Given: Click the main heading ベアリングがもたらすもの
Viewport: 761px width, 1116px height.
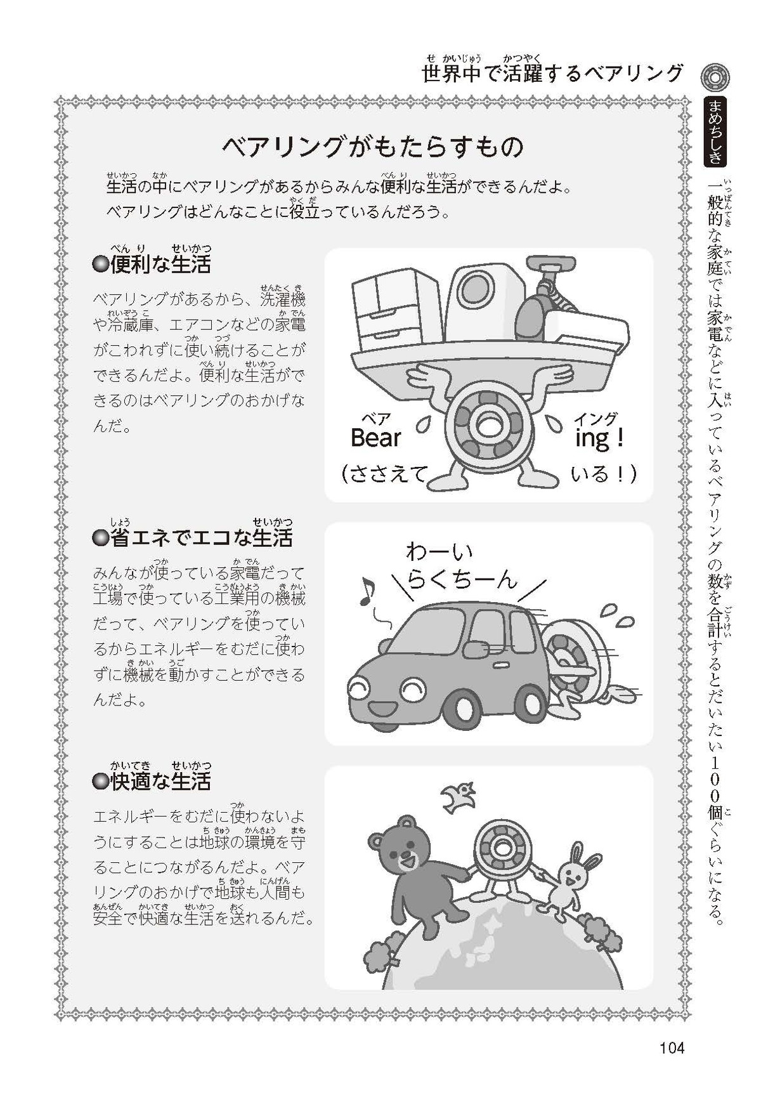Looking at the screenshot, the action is pyautogui.click(x=373, y=147).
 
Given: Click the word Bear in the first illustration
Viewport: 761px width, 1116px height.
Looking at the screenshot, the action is pyautogui.click(x=376, y=437).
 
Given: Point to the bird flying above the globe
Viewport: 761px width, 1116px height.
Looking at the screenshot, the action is pyautogui.click(x=458, y=797).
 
